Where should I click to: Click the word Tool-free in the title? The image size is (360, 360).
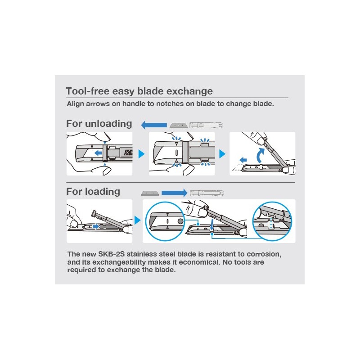87,91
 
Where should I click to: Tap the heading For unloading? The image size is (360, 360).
99,123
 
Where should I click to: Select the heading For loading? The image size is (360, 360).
93,192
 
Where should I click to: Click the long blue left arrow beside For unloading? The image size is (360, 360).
154,125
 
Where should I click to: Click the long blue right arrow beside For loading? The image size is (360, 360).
175,193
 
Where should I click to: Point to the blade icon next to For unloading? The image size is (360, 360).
179,126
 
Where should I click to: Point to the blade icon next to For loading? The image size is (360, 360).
150,193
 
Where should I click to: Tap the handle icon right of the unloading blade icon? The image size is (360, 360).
206,126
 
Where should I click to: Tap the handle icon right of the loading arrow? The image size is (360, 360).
207,193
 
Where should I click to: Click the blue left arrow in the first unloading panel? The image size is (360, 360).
98,153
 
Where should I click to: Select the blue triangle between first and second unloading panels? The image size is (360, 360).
141,154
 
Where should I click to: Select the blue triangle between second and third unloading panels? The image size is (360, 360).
222,154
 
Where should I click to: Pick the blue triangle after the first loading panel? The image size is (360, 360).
137,220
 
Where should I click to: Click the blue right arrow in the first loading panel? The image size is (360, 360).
96,227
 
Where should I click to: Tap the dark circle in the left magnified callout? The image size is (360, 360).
180,221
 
